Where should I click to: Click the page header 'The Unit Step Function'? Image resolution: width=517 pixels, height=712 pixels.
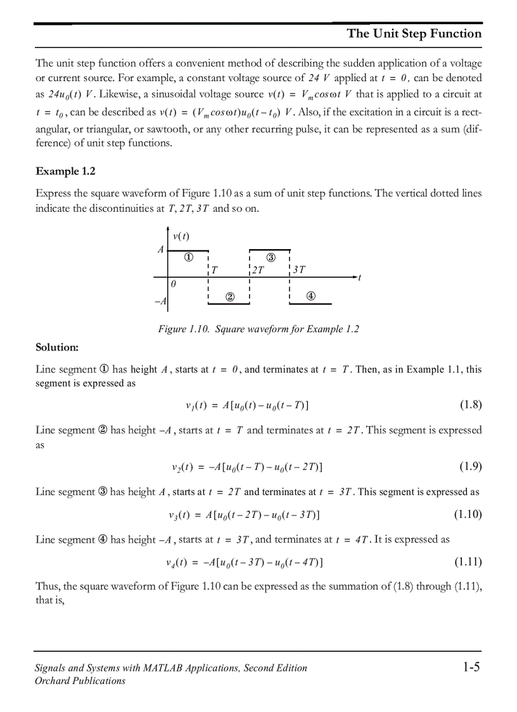[x=414, y=34]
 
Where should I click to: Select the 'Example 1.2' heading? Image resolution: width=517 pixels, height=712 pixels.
[x=65, y=171]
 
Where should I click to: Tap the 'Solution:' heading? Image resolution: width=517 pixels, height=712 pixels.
[x=57, y=347]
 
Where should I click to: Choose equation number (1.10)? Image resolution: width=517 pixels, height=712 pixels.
[x=468, y=514]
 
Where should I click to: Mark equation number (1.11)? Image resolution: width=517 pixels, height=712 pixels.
[x=468, y=562]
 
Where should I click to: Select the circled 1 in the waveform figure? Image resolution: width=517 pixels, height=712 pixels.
[x=189, y=257]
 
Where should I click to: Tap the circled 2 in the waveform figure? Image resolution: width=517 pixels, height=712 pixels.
[x=230, y=296]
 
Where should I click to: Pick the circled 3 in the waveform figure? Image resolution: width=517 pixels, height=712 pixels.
[x=271, y=257]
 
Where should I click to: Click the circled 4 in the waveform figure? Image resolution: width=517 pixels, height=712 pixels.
[x=311, y=296]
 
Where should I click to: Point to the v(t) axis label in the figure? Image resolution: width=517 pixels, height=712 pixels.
[x=181, y=236]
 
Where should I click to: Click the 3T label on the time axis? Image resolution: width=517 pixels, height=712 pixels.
[x=299, y=269]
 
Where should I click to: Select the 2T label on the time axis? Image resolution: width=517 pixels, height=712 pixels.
[x=258, y=269]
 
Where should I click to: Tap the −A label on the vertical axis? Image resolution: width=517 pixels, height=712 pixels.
[x=160, y=301]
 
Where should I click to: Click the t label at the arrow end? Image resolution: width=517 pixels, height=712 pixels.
[x=359, y=278]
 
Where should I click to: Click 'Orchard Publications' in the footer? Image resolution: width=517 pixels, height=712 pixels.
[x=80, y=681]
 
